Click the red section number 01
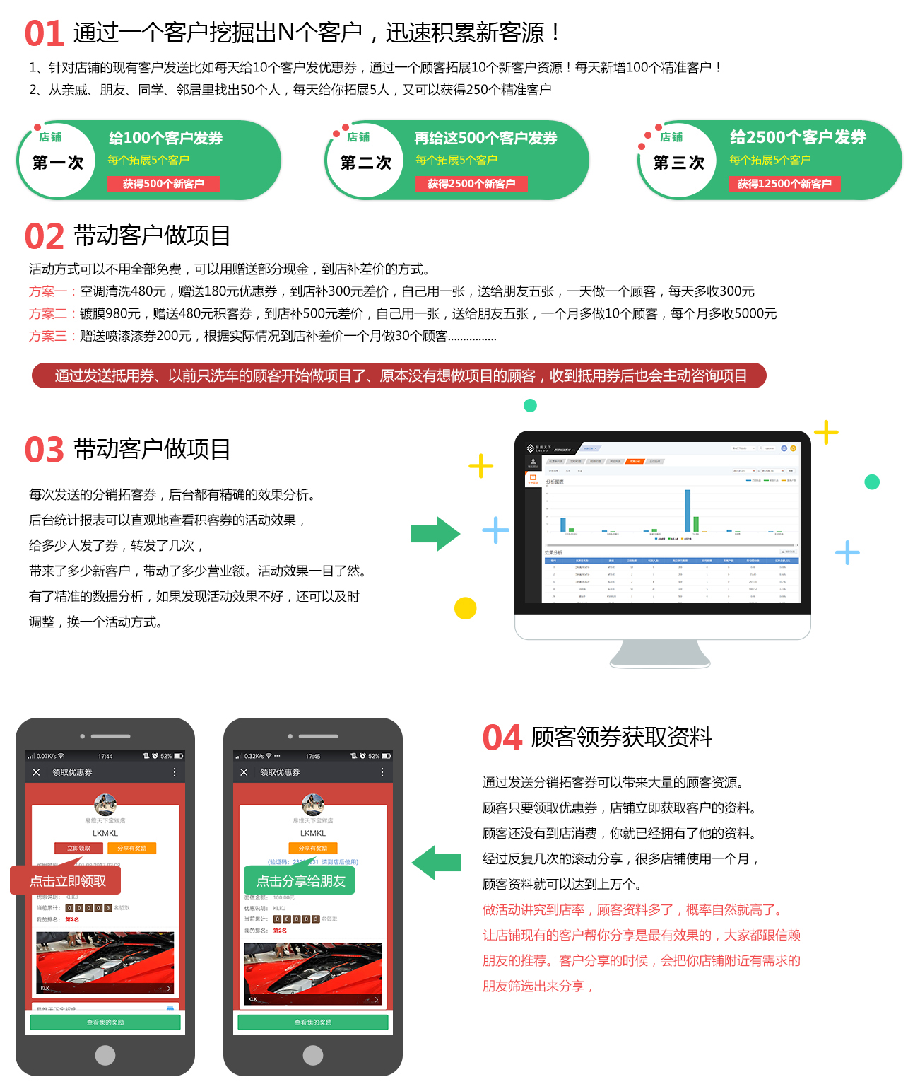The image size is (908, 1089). click(x=45, y=34)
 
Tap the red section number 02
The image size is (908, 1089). click(x=45, y=237)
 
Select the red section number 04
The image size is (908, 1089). click(x=502, y=738)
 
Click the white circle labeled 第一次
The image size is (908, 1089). click(x=58, y=162)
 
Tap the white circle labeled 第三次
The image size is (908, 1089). click(x=678, y=162)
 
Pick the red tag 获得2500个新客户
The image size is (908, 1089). click(x=471, y=184)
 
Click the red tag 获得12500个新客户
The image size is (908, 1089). click(x=784, y=184)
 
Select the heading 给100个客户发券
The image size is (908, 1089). click(x=165, y=138)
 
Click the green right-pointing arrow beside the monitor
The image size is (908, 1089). click(x=435, y=534)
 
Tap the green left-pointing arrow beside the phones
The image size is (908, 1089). click(x=436, y=862)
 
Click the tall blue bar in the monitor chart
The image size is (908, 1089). click(x=688, y=511)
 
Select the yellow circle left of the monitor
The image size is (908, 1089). click(x=465, y=608)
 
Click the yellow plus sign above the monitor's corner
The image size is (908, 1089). click(x=826, y=432)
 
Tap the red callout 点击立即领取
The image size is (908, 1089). click(x=67, y=880)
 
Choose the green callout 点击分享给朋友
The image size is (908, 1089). click(x=300, y=880)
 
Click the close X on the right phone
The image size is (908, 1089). click(x=244, y=772)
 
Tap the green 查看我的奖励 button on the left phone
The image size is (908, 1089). click(x=105, y=1023)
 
